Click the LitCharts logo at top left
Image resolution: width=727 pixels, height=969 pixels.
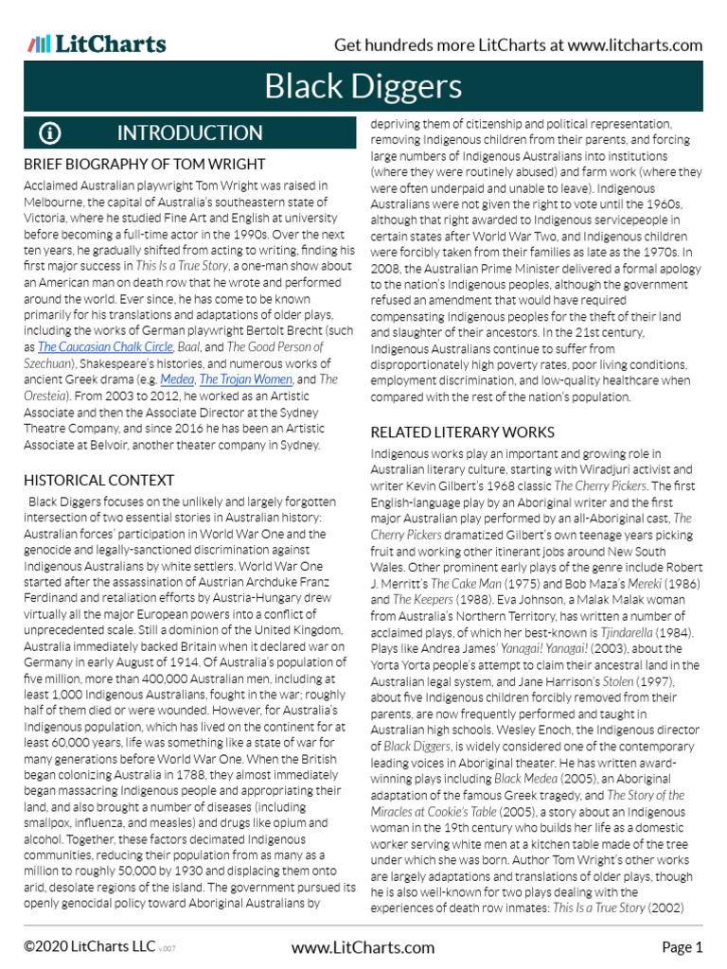tap(97, 44)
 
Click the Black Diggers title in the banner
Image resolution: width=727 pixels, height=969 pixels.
tap(363, 88)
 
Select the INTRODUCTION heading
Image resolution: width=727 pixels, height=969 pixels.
tap(189, 133)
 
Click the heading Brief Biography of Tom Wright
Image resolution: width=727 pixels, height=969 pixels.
tap(144, 165)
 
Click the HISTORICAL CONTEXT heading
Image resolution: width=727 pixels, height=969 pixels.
tap(98, 481)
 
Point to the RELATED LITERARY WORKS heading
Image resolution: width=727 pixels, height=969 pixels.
tap(462, 432)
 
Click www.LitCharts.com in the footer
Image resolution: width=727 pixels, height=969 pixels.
tap(363, 947)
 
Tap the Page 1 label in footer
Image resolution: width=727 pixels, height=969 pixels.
tap(682, 947)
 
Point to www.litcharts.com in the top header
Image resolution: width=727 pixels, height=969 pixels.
tap(635, 45)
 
